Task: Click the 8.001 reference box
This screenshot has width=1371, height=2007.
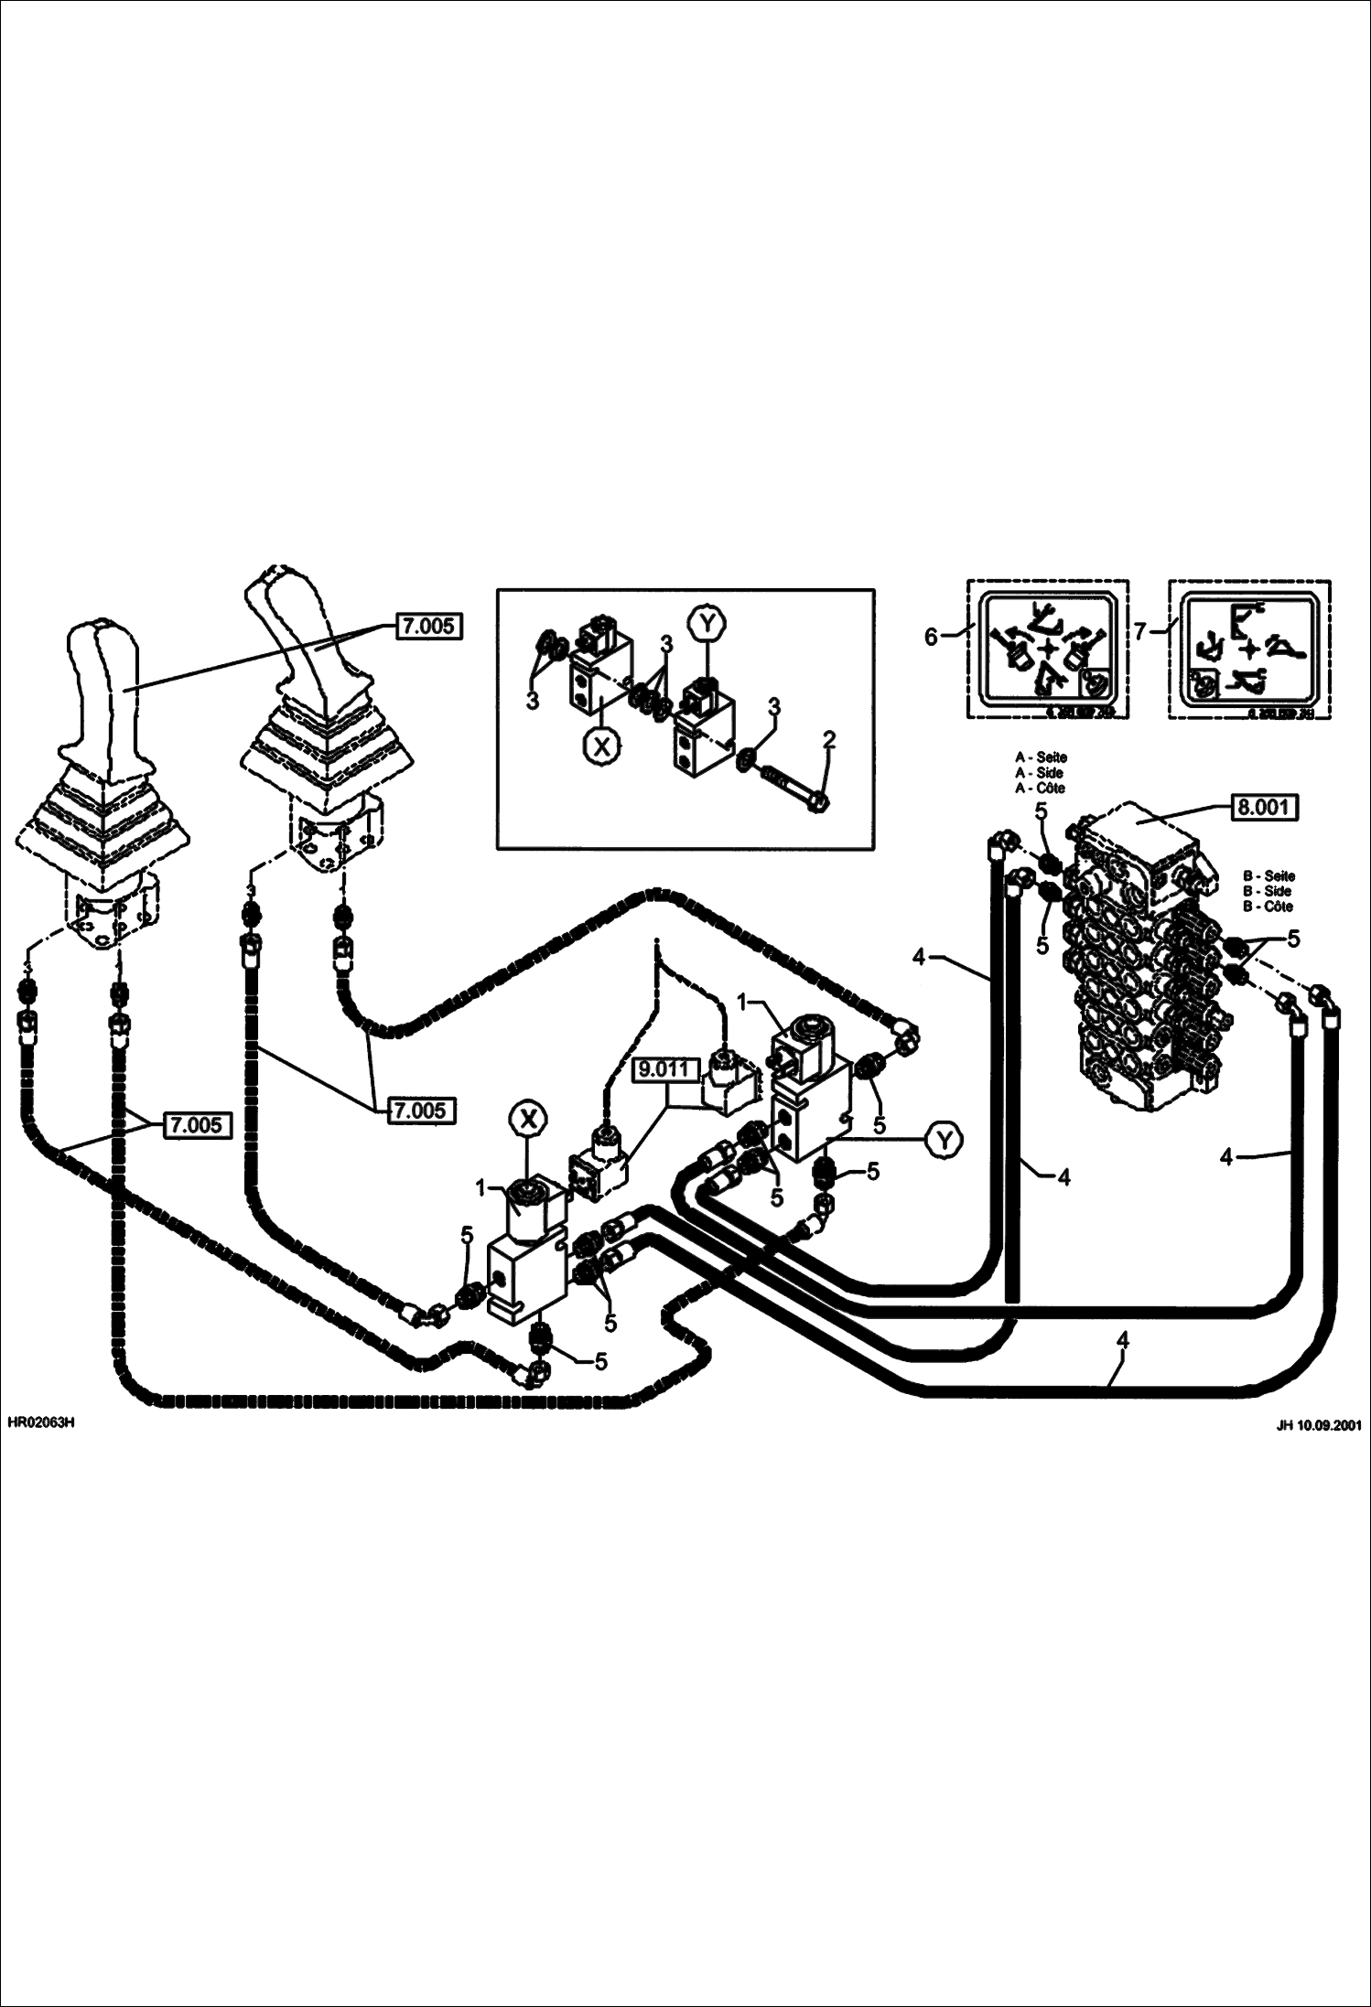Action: click(x=1263, y=808)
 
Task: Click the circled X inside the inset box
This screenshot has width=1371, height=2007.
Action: click(x=601, y=746)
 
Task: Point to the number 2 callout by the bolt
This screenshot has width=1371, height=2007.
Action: click(x=828, y=739)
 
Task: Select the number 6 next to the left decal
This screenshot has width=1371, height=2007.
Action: click(x=931, y=637)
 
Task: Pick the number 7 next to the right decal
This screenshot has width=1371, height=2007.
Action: click(x=1140, y=631)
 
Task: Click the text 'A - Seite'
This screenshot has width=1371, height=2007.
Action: click(x=1041, y=757)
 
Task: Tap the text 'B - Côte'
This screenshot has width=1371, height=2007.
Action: click(x=1268, y=906)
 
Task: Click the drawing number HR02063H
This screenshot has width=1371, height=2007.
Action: click(x=40, y=1424)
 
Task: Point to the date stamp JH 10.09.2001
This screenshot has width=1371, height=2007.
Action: click(x=1318, y=1425)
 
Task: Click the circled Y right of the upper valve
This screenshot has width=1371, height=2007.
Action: click(x=943, y=1139)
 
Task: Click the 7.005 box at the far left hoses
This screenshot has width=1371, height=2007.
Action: click(x=197, y=1125)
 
